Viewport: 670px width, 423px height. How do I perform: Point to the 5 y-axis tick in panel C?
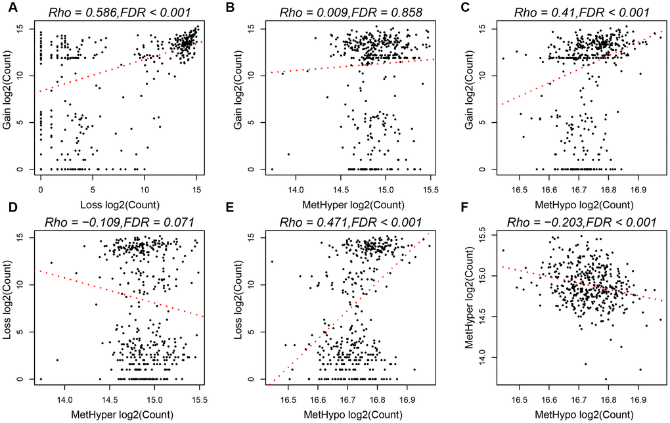click(x=483, y=122)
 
